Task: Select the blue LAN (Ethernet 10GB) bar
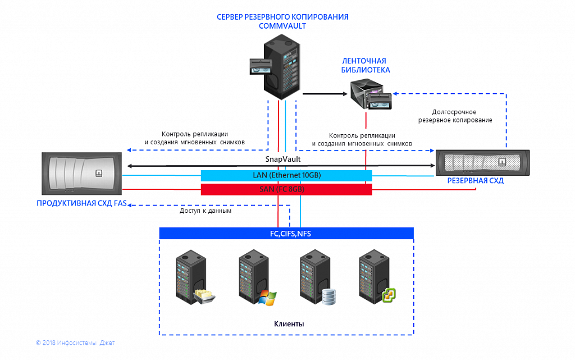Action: point(286,175)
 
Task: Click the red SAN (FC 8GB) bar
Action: point(286,189)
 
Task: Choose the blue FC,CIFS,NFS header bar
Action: point(286,233)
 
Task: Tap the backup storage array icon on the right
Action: point(483,163)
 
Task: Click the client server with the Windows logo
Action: point(253,277)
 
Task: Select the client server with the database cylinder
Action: point(314,277)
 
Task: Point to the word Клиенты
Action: point(289,324)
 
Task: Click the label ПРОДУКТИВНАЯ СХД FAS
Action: point(81,203)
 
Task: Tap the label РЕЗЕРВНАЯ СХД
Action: point(475,181)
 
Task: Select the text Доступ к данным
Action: point(206,211)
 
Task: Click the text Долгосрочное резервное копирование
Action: point(462,116)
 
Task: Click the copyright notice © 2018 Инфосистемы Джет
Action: point(75,343)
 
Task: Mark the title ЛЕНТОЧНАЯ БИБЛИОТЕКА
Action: point(366,65)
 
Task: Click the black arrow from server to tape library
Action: point(325,94)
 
